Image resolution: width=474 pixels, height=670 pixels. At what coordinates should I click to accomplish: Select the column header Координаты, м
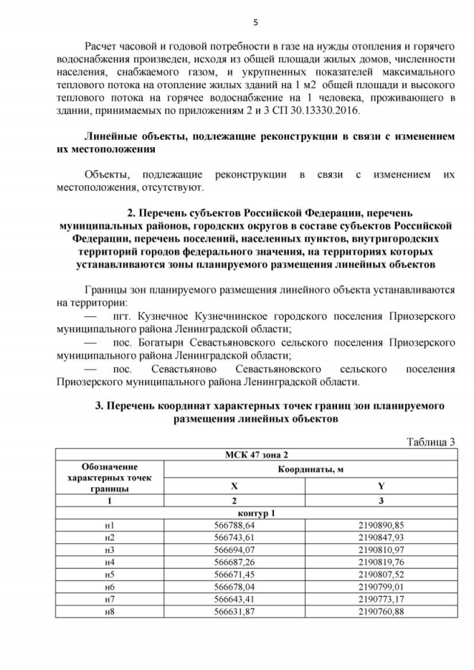(x=310, y=469)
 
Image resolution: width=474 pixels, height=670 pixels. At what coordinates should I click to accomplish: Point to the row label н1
(x=109, y=525)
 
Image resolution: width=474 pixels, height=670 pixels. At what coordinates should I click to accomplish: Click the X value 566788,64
(x=233, y=525)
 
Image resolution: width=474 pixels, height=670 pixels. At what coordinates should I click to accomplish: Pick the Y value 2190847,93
(x=380, y=537)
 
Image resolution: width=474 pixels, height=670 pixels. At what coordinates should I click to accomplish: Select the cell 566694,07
(x=233, y=549)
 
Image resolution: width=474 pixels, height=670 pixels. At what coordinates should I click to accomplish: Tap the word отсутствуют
(x=173, y=188)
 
